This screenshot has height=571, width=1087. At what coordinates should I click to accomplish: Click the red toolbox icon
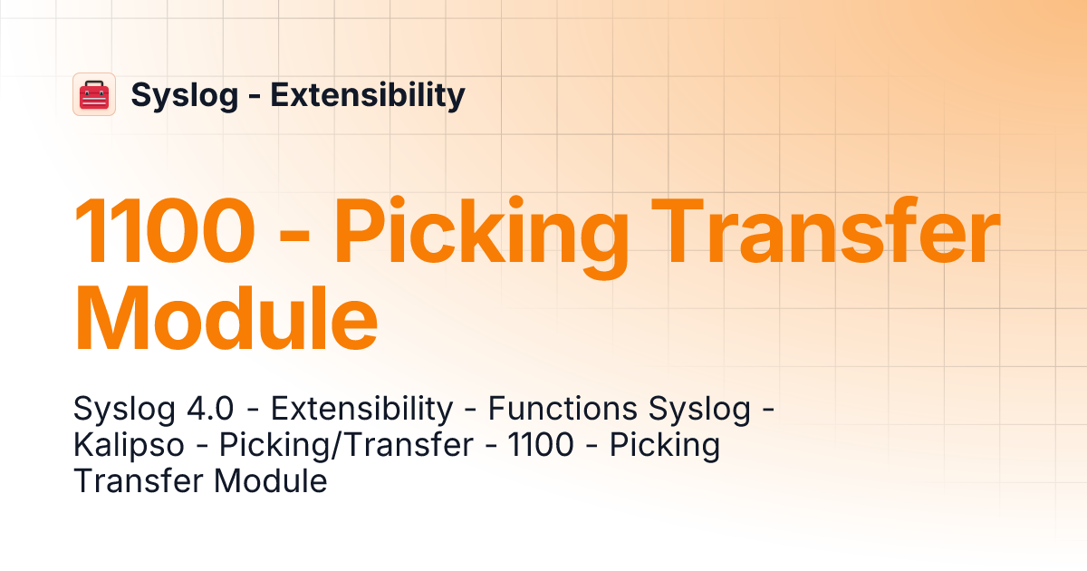coord(94,94)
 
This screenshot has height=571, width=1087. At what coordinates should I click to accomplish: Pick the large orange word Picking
coord(482,233)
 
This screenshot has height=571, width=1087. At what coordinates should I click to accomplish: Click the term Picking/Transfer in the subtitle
coord(347,445)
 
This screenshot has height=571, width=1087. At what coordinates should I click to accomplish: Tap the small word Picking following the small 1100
coord(664,445)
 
